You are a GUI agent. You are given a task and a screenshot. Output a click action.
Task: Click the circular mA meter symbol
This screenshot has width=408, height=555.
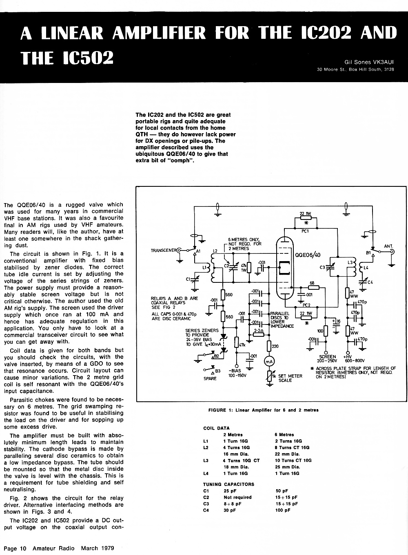pos(269,362)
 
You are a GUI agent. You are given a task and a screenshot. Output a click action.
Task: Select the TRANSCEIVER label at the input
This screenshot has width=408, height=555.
pos(164,251)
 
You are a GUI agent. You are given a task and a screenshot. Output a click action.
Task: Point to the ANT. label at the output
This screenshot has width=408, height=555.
pos(388,246)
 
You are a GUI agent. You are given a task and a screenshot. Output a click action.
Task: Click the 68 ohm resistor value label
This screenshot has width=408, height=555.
pos(312,283)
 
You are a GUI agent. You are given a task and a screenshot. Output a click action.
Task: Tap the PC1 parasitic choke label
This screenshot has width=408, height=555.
pos(305,231)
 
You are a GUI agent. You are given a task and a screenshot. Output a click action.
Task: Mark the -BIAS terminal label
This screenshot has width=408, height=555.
pos(235,371)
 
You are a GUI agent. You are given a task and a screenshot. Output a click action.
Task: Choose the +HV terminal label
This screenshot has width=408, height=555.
pos(348,356)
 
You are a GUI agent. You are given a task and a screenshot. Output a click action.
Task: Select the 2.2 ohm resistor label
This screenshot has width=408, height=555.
pos(259,331)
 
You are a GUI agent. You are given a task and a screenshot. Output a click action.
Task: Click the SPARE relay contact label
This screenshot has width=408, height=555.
pos(210,378)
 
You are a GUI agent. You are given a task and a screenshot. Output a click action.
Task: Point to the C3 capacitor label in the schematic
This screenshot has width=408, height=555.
pos(322,267)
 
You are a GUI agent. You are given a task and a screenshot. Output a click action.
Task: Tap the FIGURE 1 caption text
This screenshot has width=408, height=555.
pos(264,410)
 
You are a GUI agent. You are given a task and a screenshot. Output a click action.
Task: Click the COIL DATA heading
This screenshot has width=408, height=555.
pos(217,428)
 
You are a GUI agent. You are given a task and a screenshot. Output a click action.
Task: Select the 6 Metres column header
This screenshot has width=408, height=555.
pos(284,434)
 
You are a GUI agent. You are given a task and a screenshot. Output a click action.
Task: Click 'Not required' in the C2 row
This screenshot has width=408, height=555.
pos(237,497)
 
